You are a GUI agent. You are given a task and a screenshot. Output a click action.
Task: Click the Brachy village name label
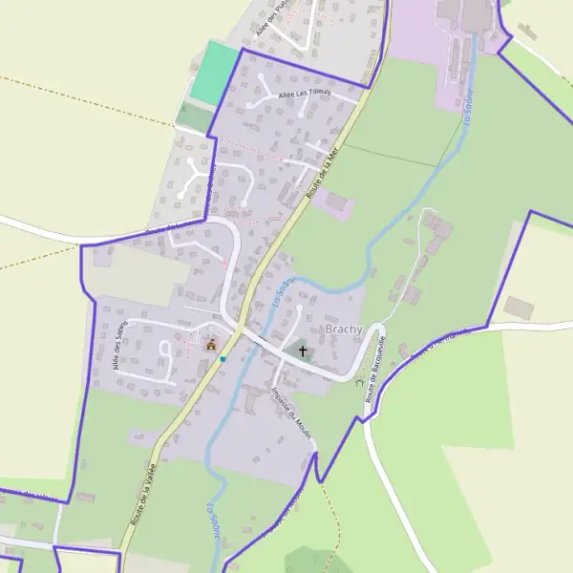click(344, 329)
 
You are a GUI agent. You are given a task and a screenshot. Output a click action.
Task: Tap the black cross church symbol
click(304, 350)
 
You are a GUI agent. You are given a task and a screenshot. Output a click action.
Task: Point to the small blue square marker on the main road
click(223, 359)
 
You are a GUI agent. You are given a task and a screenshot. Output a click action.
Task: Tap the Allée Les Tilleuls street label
click(304, 94)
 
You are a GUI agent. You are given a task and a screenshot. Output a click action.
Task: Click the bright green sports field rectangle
click(214, 74)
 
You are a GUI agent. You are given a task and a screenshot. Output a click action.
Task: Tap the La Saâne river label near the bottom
click(213, 521)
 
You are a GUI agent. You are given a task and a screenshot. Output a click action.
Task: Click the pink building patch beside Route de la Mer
click(337, 203)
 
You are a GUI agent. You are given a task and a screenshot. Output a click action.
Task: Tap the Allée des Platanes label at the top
click(279, 16)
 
